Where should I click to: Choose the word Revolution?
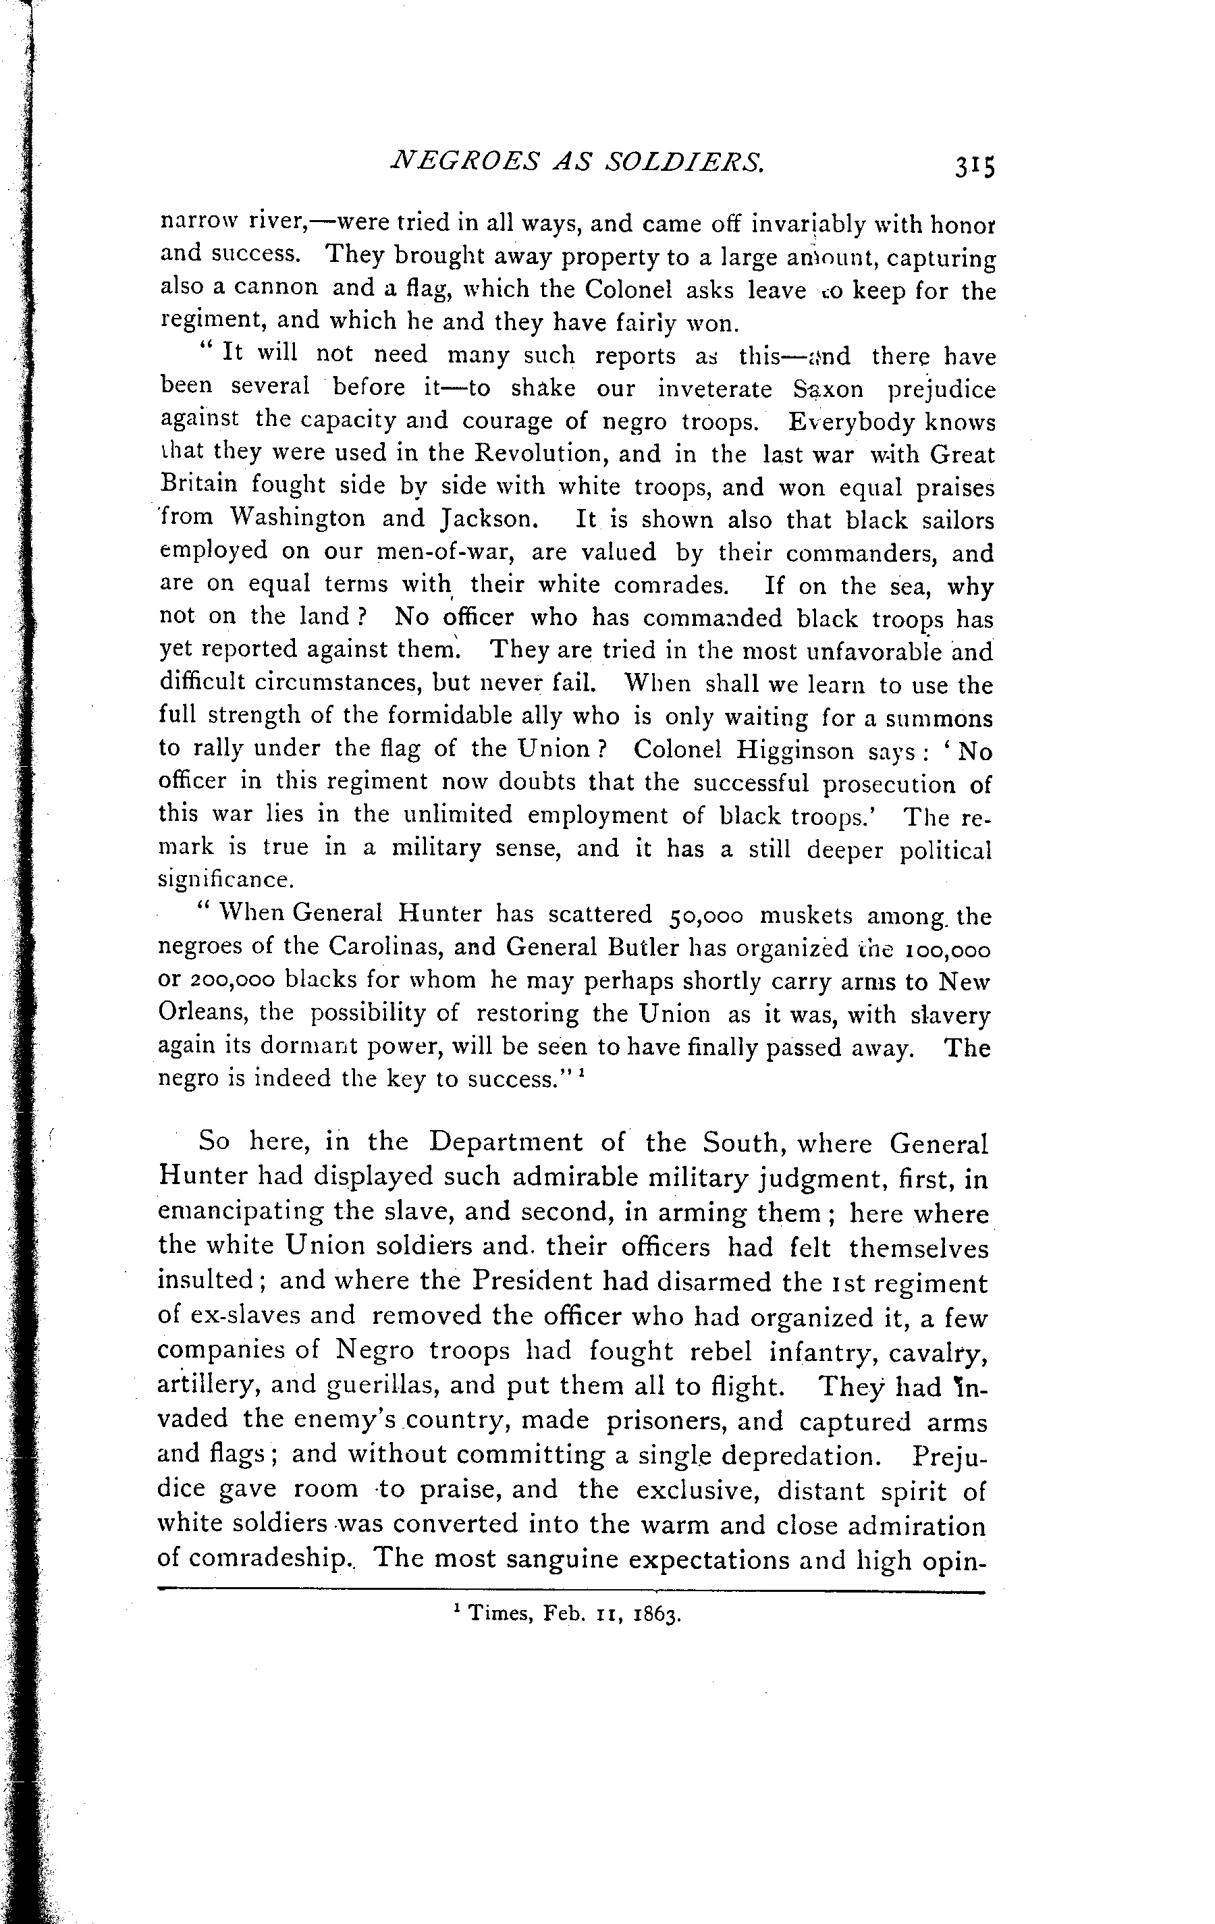click(x=551, y=454)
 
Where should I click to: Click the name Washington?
click(x=297, y=519)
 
